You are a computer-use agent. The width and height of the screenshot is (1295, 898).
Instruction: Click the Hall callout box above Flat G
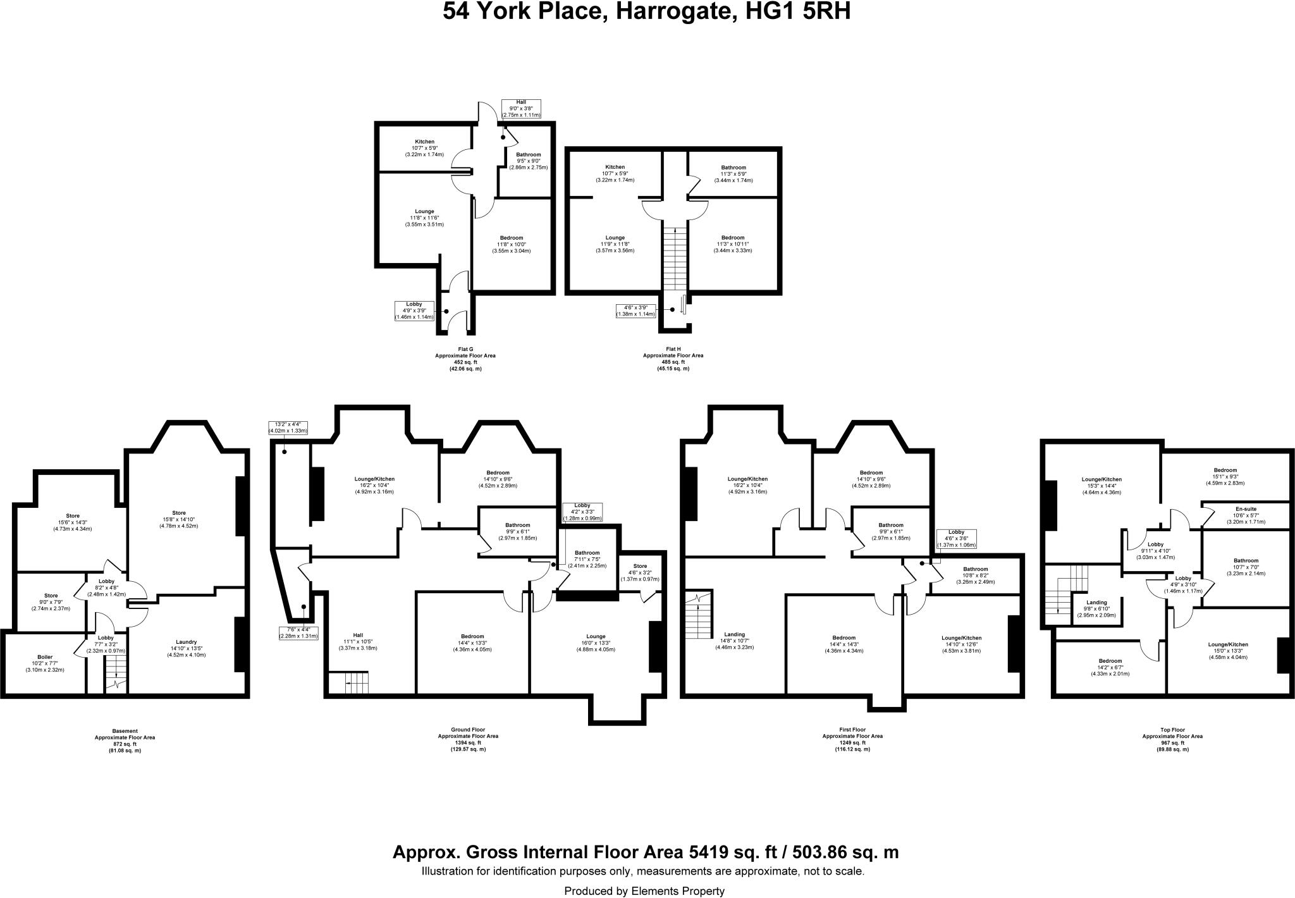point(520,109)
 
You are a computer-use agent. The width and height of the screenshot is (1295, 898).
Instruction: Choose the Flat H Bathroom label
point(733,174)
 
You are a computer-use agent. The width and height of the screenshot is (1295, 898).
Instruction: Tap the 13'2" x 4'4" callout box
point(288,427)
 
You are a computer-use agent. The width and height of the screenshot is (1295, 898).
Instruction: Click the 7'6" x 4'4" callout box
point(298,632)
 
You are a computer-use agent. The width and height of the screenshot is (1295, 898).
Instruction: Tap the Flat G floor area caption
point(465,359)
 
